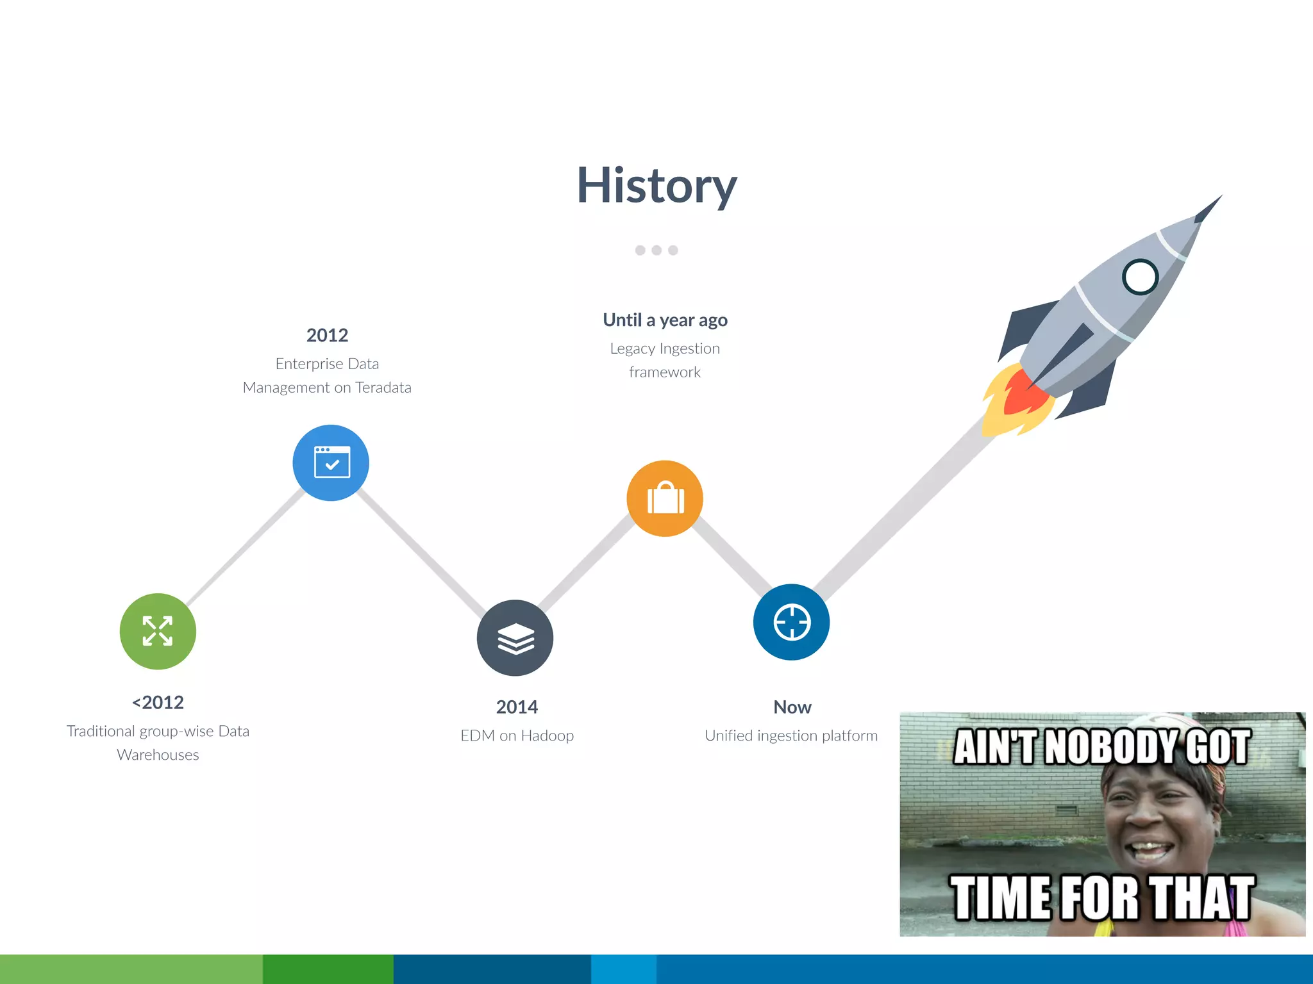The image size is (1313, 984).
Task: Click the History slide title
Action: (656, 186)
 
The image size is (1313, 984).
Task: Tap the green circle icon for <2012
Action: (158, 631)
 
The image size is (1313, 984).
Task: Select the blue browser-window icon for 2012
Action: (331, 463)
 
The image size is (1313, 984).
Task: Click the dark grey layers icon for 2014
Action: (515, 638)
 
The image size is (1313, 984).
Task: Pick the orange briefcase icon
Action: (665, 498)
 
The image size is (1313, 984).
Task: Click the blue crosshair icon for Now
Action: (792, 622)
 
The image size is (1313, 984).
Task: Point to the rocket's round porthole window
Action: (1140, 277)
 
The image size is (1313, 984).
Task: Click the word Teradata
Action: (383, 388)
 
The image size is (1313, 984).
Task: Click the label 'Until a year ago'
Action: (665, 320)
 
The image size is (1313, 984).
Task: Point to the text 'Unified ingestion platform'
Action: (791, 735)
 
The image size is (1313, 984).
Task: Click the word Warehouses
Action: (158, 755)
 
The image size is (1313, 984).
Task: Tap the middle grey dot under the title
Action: (656, 250)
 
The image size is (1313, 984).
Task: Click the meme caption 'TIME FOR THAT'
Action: (1101, 898)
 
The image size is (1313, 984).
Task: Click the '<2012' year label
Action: (158, 702)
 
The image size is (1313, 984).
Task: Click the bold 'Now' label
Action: (792, 707)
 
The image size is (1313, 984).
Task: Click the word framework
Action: (665, 372)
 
